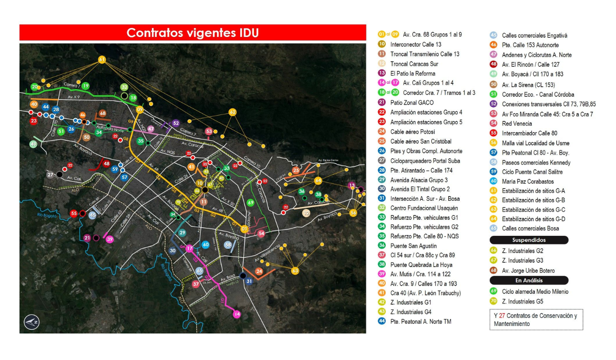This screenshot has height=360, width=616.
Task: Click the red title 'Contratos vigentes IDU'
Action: (x=192, y=33)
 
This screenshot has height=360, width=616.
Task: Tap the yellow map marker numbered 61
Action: (x=102, y=59)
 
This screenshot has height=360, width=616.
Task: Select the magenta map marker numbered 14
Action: (x=237, y=314)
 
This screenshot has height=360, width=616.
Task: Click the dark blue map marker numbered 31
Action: (x=249, y=281)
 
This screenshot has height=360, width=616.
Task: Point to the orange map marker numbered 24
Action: (x=259, y=271)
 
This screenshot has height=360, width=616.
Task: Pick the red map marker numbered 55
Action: (x=73, y=213)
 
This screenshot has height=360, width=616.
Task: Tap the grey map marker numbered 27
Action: (x=51, y=174)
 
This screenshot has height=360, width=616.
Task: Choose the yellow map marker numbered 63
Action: (x=295, y=270)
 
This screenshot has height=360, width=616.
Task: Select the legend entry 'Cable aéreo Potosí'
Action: (x=412, y=132)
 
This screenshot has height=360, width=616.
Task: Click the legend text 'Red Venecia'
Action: (x=517, y=124)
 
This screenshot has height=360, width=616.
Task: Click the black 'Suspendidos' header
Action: (x=528, y=240)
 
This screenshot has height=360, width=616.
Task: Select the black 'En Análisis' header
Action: (x=528, y=280)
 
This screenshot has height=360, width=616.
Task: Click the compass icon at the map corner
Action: (x=30, y=322)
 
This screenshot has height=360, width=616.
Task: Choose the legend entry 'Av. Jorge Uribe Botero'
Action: (x=528, y=270)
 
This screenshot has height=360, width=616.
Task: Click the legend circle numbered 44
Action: (x=381, y=322)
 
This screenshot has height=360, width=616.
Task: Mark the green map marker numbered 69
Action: (x=251, y=203)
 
